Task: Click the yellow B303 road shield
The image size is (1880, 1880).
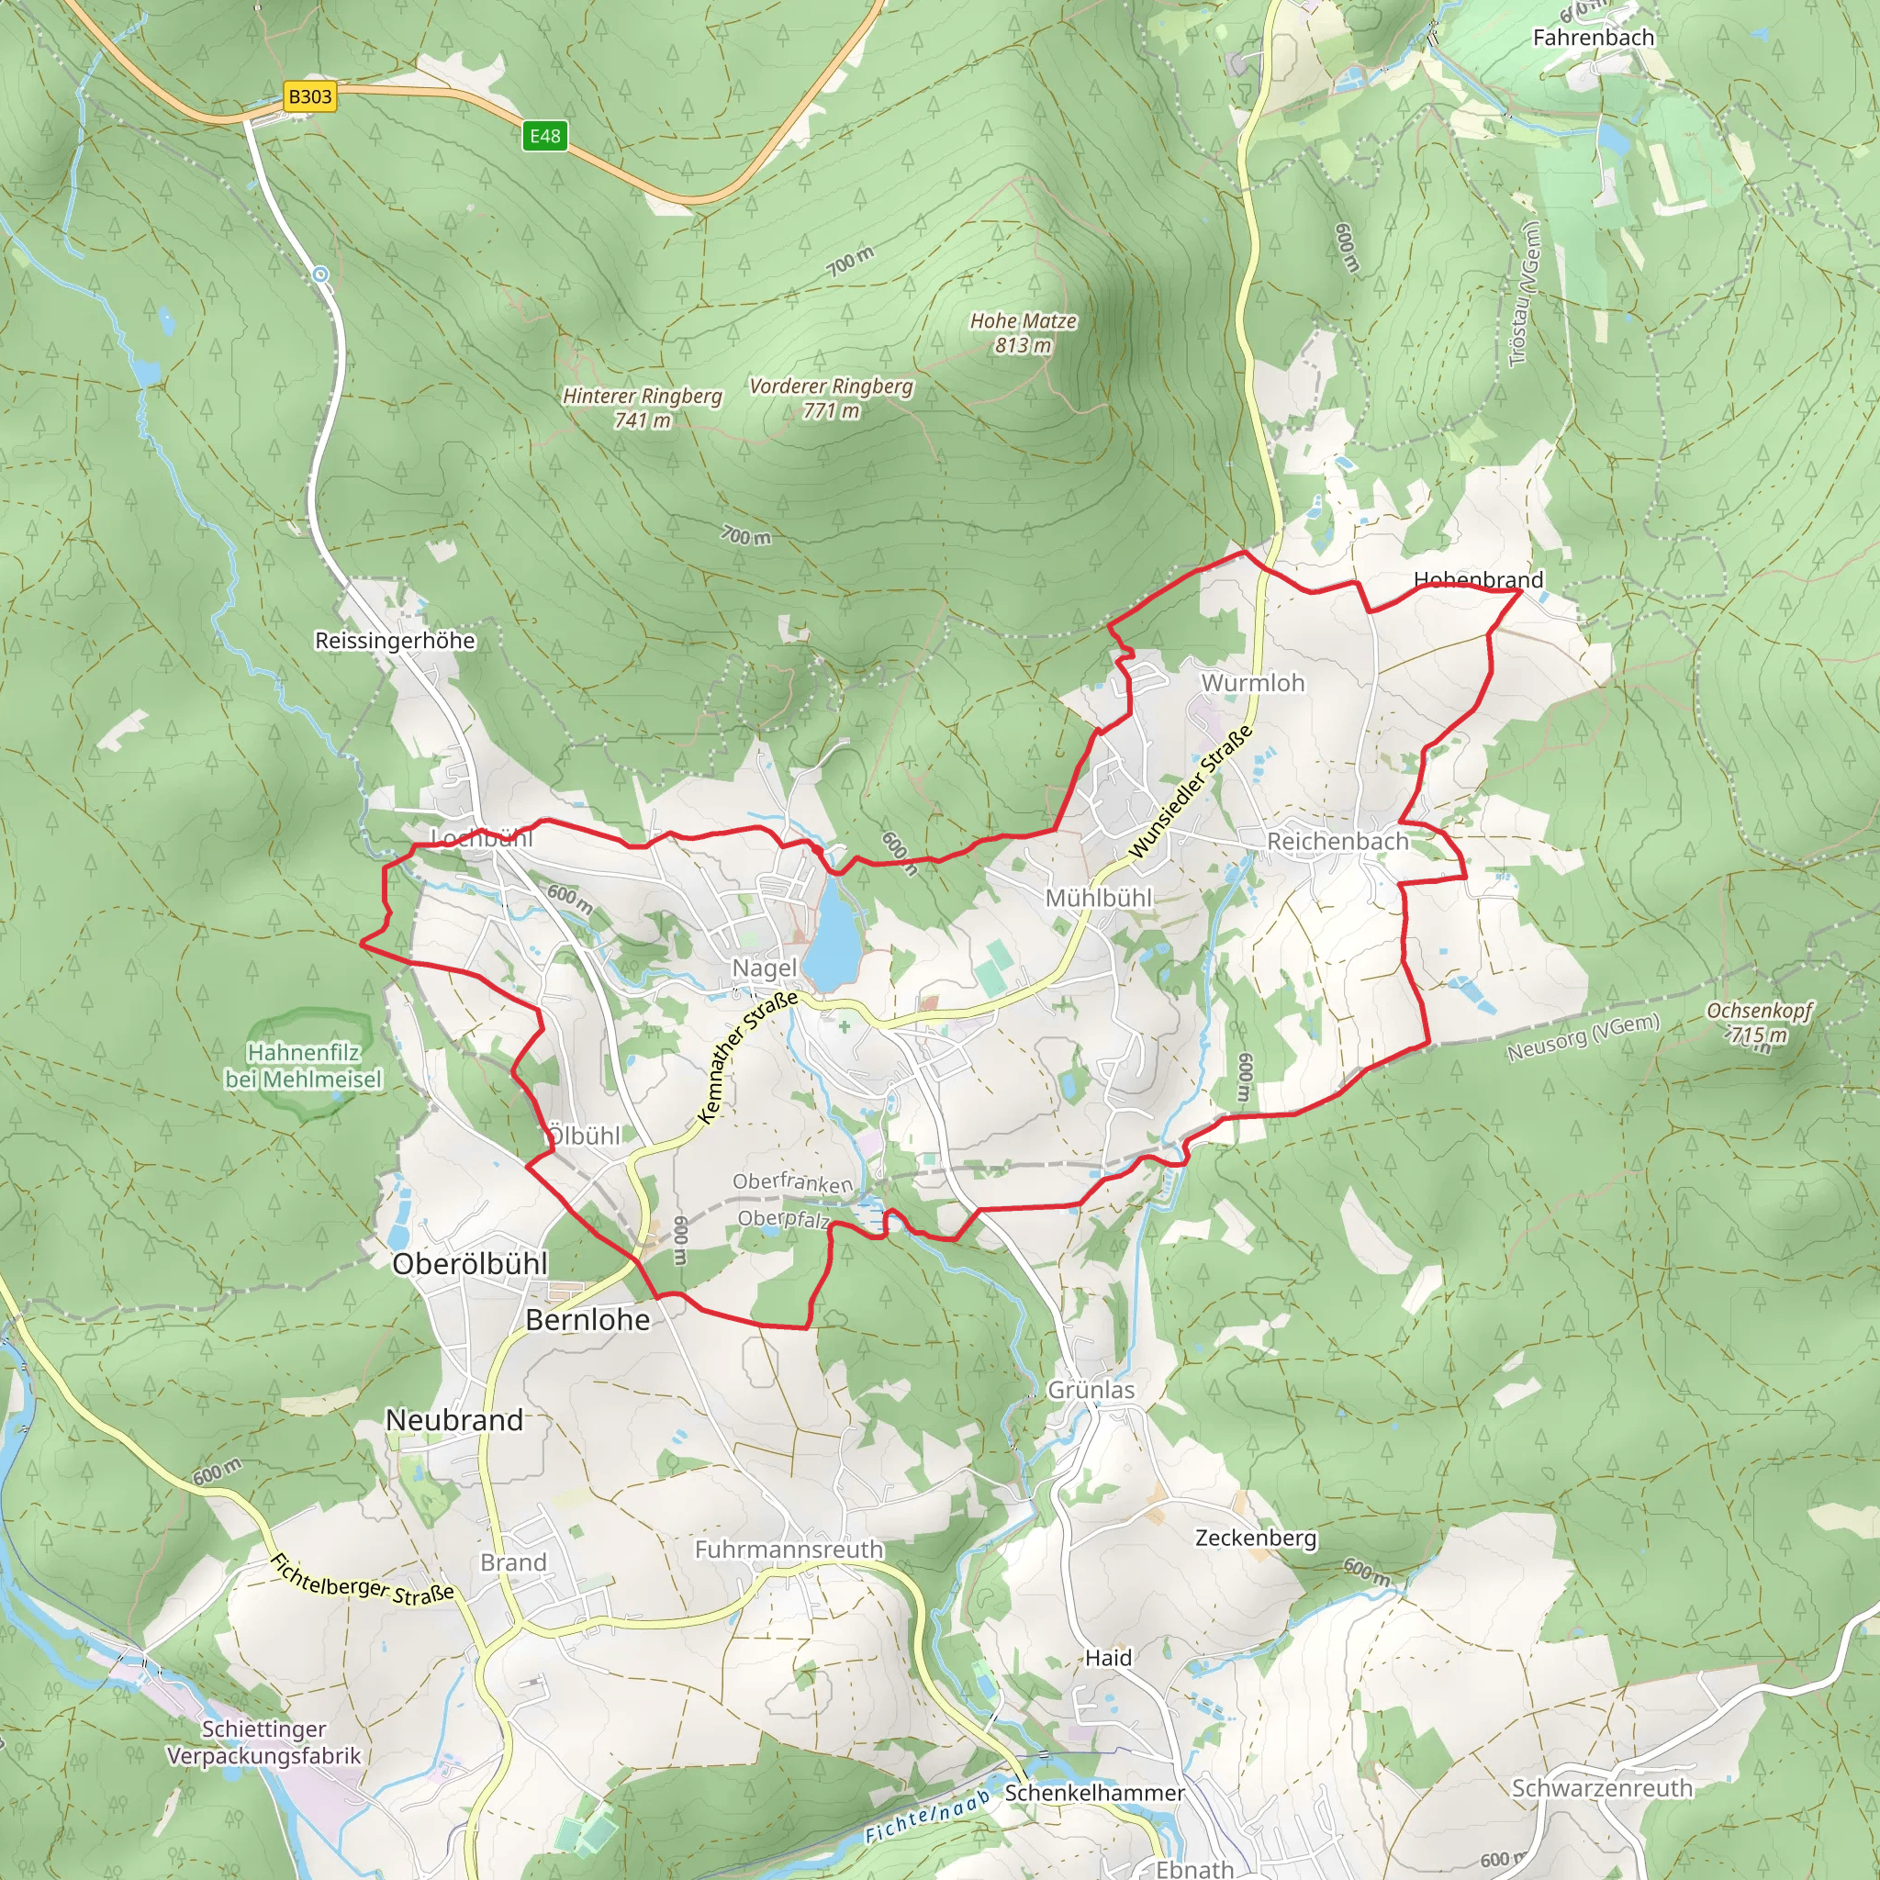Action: click(310, 96)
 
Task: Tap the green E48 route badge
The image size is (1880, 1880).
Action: click(544, 135)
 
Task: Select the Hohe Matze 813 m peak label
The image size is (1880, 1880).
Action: click(1023, 333)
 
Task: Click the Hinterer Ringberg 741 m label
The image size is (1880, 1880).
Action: click(643, 408)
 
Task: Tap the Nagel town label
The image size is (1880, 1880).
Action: click(764, 968)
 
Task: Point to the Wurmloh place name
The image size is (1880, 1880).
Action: click(1252, 683)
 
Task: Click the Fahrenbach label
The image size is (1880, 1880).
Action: click(1593, 38)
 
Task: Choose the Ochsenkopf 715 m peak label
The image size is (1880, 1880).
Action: click(1760, 1022)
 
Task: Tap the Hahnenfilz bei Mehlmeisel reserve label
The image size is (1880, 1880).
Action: click(304, 1066)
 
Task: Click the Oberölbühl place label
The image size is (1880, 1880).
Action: click(470, 1264)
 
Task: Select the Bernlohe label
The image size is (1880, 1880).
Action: click(587, 1319)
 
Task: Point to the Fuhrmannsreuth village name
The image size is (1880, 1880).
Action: click(789, 1550)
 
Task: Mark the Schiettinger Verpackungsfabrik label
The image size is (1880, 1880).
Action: click(263, 1743)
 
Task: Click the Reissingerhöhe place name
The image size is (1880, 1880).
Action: click(395, 641)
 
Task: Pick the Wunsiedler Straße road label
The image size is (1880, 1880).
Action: click(1190, 792)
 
